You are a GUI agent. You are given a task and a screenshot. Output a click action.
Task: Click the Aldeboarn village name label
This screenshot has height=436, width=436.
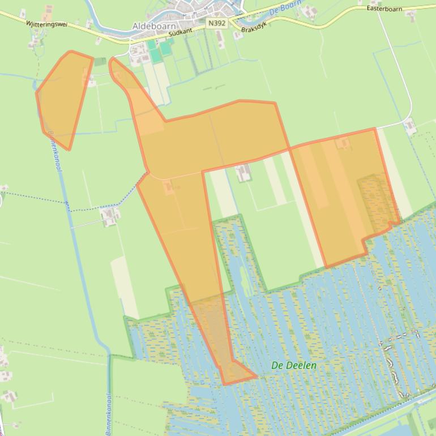(153, 26)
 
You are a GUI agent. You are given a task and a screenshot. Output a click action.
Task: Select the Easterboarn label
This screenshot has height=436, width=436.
(384, 8)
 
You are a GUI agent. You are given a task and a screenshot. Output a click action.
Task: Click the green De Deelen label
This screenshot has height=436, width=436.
(294, 365)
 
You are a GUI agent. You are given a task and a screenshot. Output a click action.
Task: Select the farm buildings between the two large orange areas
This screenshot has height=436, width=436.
(243, 172)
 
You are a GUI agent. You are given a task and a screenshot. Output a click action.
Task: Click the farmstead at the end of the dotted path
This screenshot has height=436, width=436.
(110, 215)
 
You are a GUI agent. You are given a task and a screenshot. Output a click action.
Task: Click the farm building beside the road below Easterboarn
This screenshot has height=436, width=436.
(409, 125)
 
